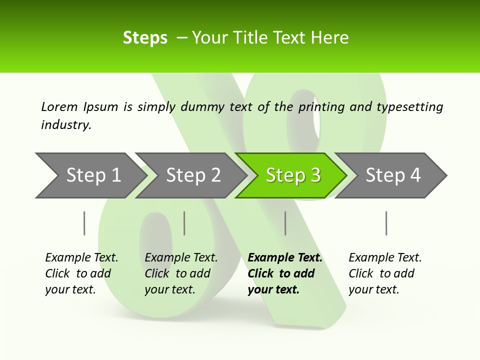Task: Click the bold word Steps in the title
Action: (x=145, y=38)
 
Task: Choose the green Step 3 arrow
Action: (x=292, y=175)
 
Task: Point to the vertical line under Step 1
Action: (x=84, y=223)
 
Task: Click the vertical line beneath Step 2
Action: (x=184, y=223)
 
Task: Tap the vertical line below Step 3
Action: (x=285, y=223)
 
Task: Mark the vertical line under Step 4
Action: (x=386, y=223)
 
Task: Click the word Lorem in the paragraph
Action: (x=59, y=107)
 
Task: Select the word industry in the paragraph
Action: (x=65, y=125)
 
